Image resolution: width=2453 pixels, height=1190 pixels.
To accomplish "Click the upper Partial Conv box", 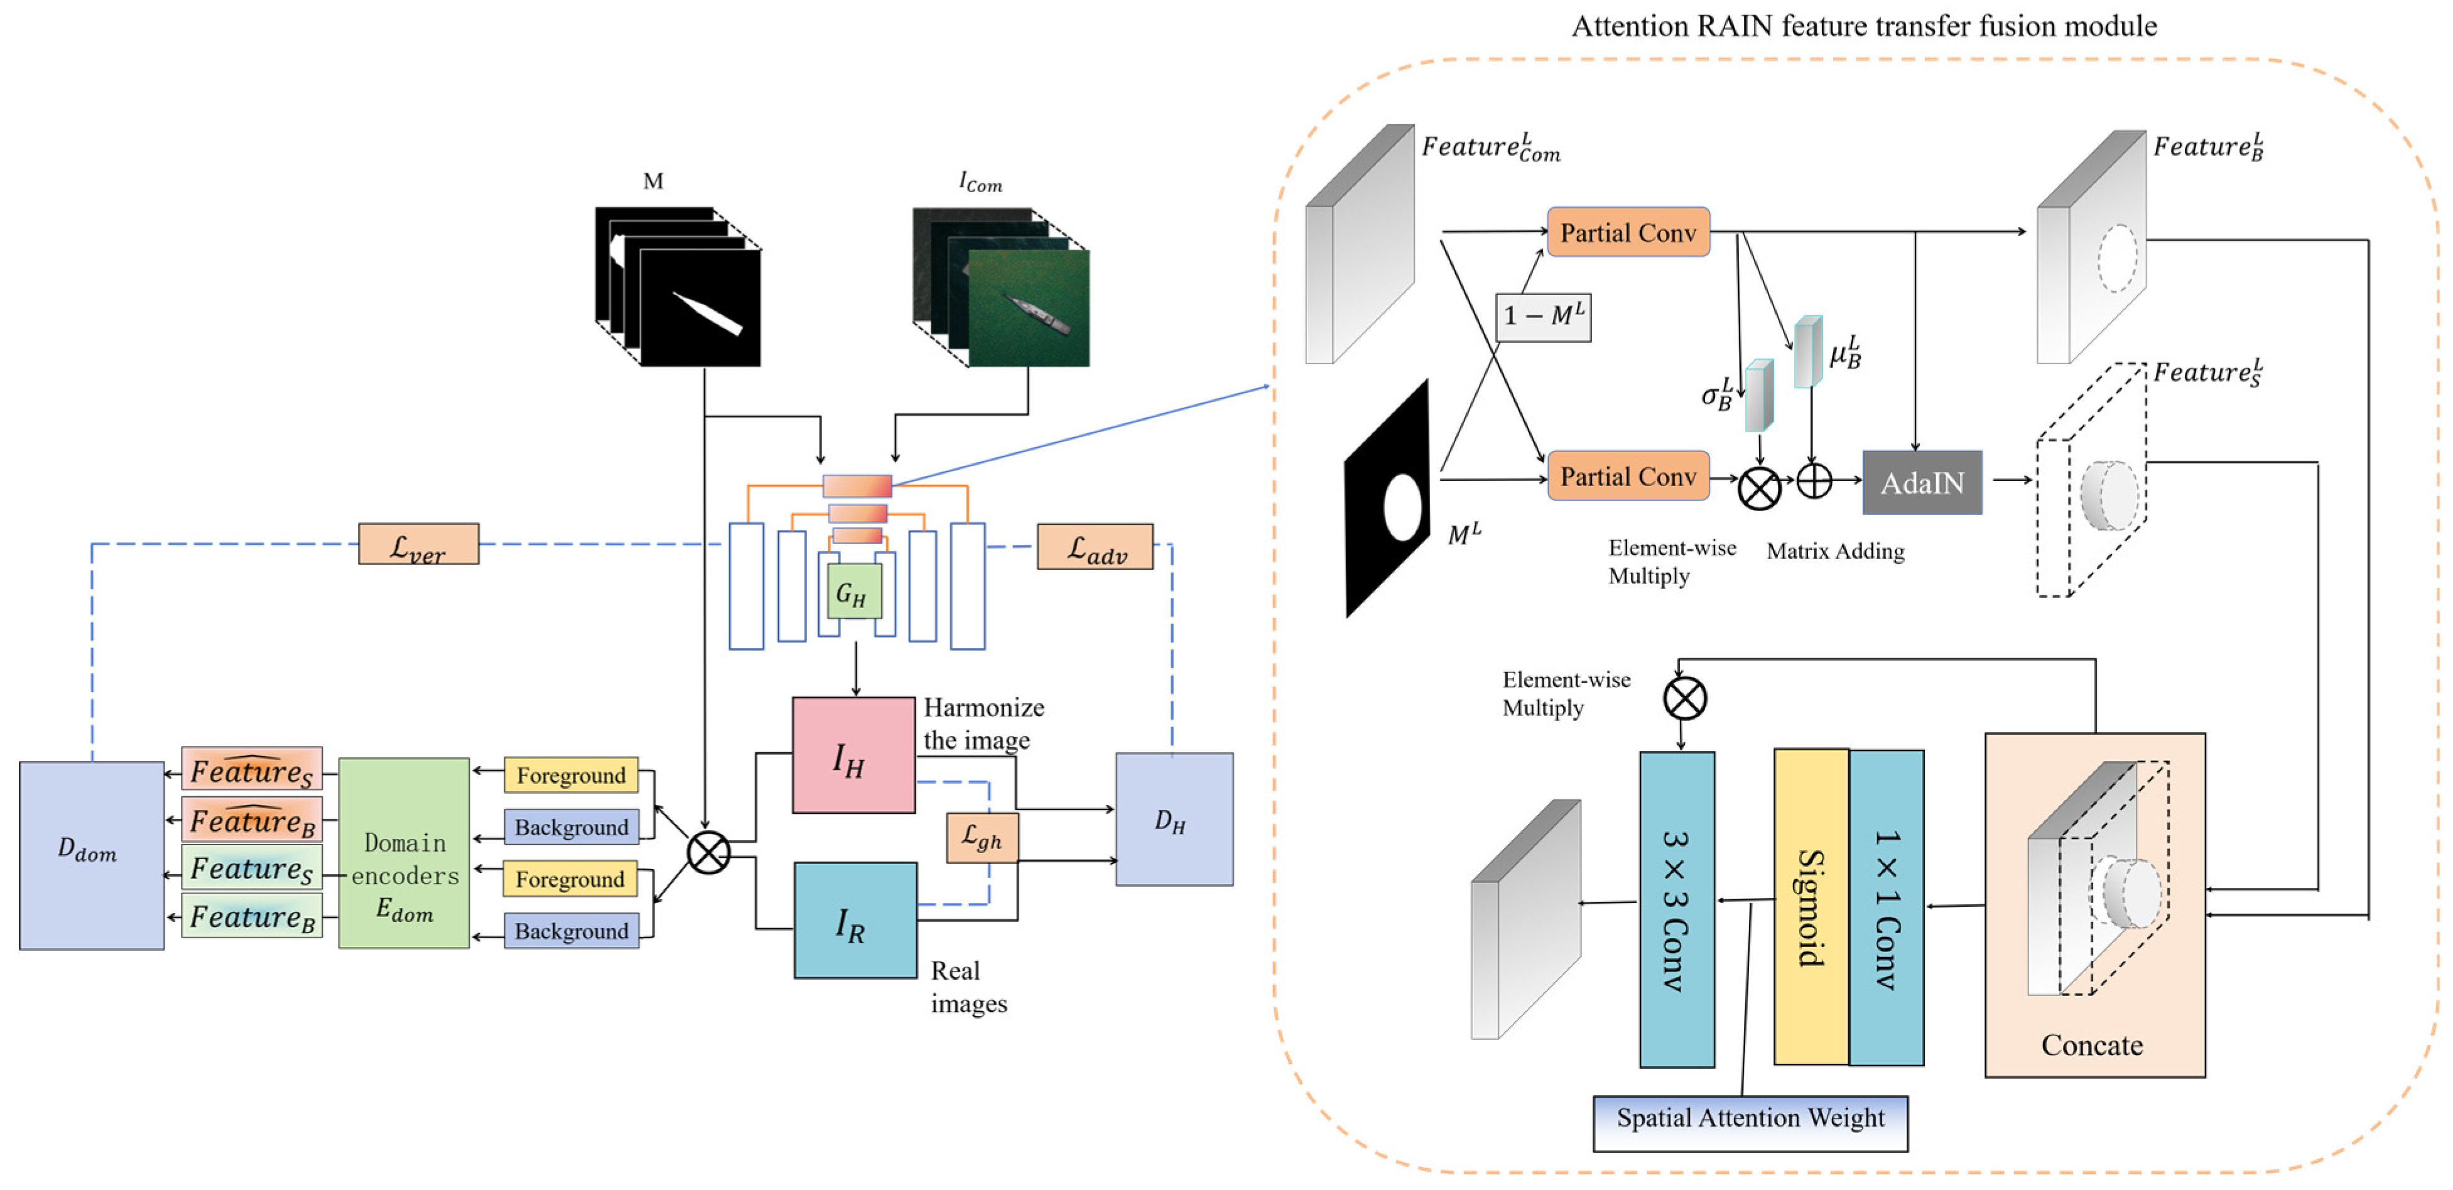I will coord(1627,232).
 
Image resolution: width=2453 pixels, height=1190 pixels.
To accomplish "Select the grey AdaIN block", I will coord(1922,483).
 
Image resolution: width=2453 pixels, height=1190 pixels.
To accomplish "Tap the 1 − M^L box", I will coord(1542,316).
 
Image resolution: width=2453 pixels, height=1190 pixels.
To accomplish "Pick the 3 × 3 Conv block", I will coord(1676,909).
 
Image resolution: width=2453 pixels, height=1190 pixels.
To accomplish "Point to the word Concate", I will coord(2091,1046).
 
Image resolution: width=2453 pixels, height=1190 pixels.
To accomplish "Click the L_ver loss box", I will coord(418,544).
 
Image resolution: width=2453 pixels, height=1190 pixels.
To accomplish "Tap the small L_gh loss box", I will coord(982,838).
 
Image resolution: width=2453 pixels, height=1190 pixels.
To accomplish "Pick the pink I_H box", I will coord(853,756).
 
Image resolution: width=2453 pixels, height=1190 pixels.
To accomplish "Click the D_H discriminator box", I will coord(1173,819).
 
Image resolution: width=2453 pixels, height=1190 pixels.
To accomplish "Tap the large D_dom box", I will coord(92,854).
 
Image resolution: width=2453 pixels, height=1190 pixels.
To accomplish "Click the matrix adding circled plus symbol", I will coord(1813,481).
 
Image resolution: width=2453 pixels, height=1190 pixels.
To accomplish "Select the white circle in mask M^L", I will coord(1402,507).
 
